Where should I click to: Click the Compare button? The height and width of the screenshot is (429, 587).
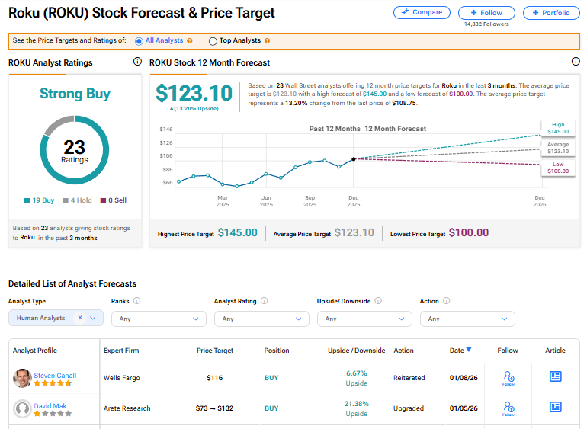[422, 13]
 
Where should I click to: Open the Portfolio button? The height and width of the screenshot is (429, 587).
[551, 13]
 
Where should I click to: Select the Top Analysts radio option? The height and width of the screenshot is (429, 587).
[213, 41]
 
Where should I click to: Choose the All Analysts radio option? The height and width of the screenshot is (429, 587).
[139, 41]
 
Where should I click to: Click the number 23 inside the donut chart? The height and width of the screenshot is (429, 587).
[74, 147]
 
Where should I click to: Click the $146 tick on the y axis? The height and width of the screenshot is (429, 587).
[165, 130]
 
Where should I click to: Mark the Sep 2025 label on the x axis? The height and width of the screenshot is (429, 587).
[310, 201]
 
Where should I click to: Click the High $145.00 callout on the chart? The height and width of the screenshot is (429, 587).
[558, 128]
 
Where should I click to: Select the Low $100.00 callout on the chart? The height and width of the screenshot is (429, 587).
[558, 167]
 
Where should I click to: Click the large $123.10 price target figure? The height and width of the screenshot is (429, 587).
[194, 93]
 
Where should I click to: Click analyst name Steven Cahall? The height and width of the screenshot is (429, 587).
[55, 375]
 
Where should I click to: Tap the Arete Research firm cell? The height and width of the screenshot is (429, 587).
[127, 408]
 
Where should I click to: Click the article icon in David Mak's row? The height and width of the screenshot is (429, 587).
[555, 407]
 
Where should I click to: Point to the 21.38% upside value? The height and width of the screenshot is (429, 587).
[356, 403]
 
